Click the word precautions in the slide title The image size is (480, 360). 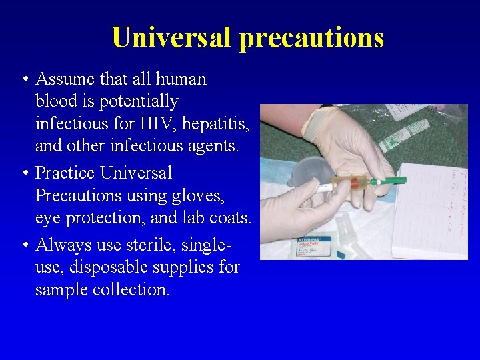coord(311,39)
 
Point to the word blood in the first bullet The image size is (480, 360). coord(55,101)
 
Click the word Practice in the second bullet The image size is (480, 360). coord(65,173)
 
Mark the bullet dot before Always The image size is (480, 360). coord(24,246)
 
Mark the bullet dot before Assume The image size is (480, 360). coord(24,79)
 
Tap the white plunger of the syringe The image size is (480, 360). coord(325,188)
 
